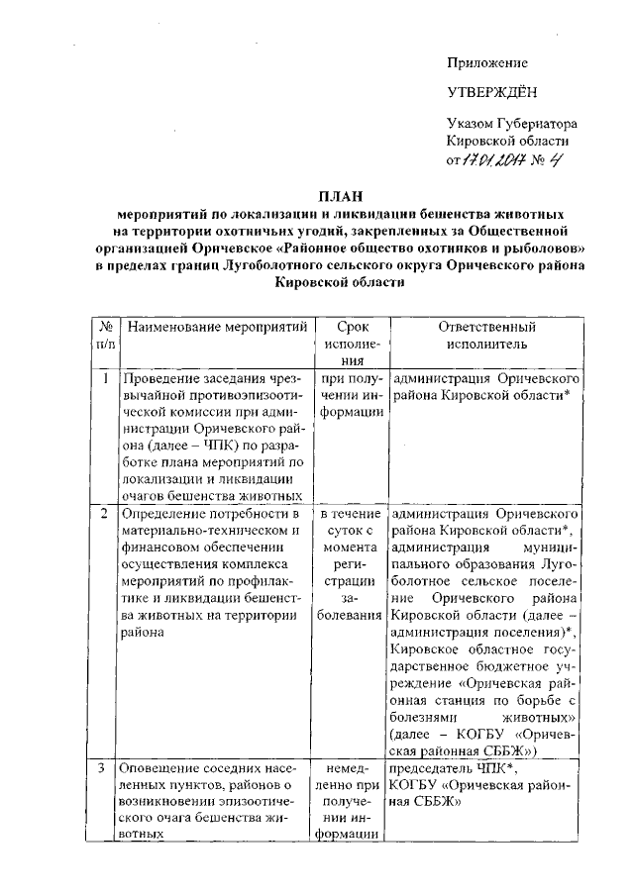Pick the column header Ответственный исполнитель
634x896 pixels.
[486, 334]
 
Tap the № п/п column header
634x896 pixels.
[104, 334]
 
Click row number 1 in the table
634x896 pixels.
[104, 378]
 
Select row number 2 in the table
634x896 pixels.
[104, 515]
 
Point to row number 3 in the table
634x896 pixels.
[104, 767]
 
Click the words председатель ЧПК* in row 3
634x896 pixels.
[440, 767]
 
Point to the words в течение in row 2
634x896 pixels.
[352, 515]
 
